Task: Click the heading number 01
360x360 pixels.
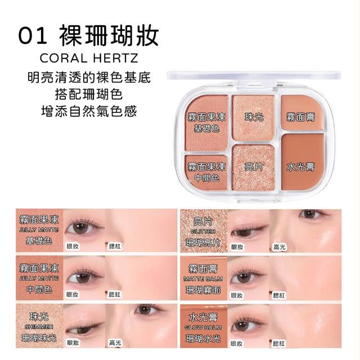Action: click(x=33, y=37)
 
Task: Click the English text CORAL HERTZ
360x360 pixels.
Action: click(x=89, y=58)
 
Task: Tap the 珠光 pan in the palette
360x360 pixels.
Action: click(x=254, y=118)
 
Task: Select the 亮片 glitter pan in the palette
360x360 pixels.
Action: click(x=254, y=168)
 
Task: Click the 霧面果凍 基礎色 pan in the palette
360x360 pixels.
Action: click(x=206, y=123)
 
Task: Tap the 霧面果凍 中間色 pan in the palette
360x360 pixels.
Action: click(x=206, y=172)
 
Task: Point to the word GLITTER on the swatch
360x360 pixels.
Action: click(x=204, y=232)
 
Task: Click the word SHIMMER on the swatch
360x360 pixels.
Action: click(x=39, y=327)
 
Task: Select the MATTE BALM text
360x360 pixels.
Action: click(x=203, y=279)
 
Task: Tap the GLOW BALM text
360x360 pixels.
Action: click(x=204, y=327)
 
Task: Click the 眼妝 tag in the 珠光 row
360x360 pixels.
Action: click(x=73, y=343)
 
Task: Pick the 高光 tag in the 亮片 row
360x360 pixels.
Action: click(x=280, y=247)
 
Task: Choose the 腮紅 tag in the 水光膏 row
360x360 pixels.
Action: click(x=278, y=344)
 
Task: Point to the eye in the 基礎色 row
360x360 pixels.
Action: click(x=81, y=227)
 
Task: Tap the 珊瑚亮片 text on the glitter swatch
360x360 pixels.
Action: click(x=203, y=242)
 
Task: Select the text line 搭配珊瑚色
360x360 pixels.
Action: click(x=89, y=94)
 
